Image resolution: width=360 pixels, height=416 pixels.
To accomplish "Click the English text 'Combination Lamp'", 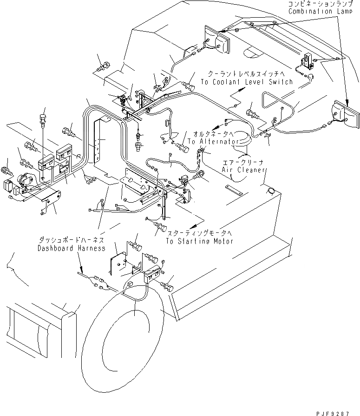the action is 320,12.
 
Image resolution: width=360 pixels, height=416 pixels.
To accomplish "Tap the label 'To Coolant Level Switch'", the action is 247,82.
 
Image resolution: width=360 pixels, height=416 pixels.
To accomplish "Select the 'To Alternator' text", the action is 213,141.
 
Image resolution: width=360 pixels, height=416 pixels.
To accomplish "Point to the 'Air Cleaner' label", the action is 243,170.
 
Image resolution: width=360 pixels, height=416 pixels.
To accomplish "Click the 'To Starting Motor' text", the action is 200,241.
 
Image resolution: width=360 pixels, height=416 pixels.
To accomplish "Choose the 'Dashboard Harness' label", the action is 72,248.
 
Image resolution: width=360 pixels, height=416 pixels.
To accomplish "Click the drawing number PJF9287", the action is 333,413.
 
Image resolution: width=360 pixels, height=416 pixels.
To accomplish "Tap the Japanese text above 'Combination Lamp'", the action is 321,4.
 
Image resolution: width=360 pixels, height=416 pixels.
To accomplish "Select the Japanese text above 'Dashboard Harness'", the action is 72,240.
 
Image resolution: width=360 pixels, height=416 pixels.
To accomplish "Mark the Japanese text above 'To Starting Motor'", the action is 199,233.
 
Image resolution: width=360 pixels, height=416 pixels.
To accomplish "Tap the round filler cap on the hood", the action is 271,191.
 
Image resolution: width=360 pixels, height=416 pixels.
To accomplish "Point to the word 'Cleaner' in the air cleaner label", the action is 252,170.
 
